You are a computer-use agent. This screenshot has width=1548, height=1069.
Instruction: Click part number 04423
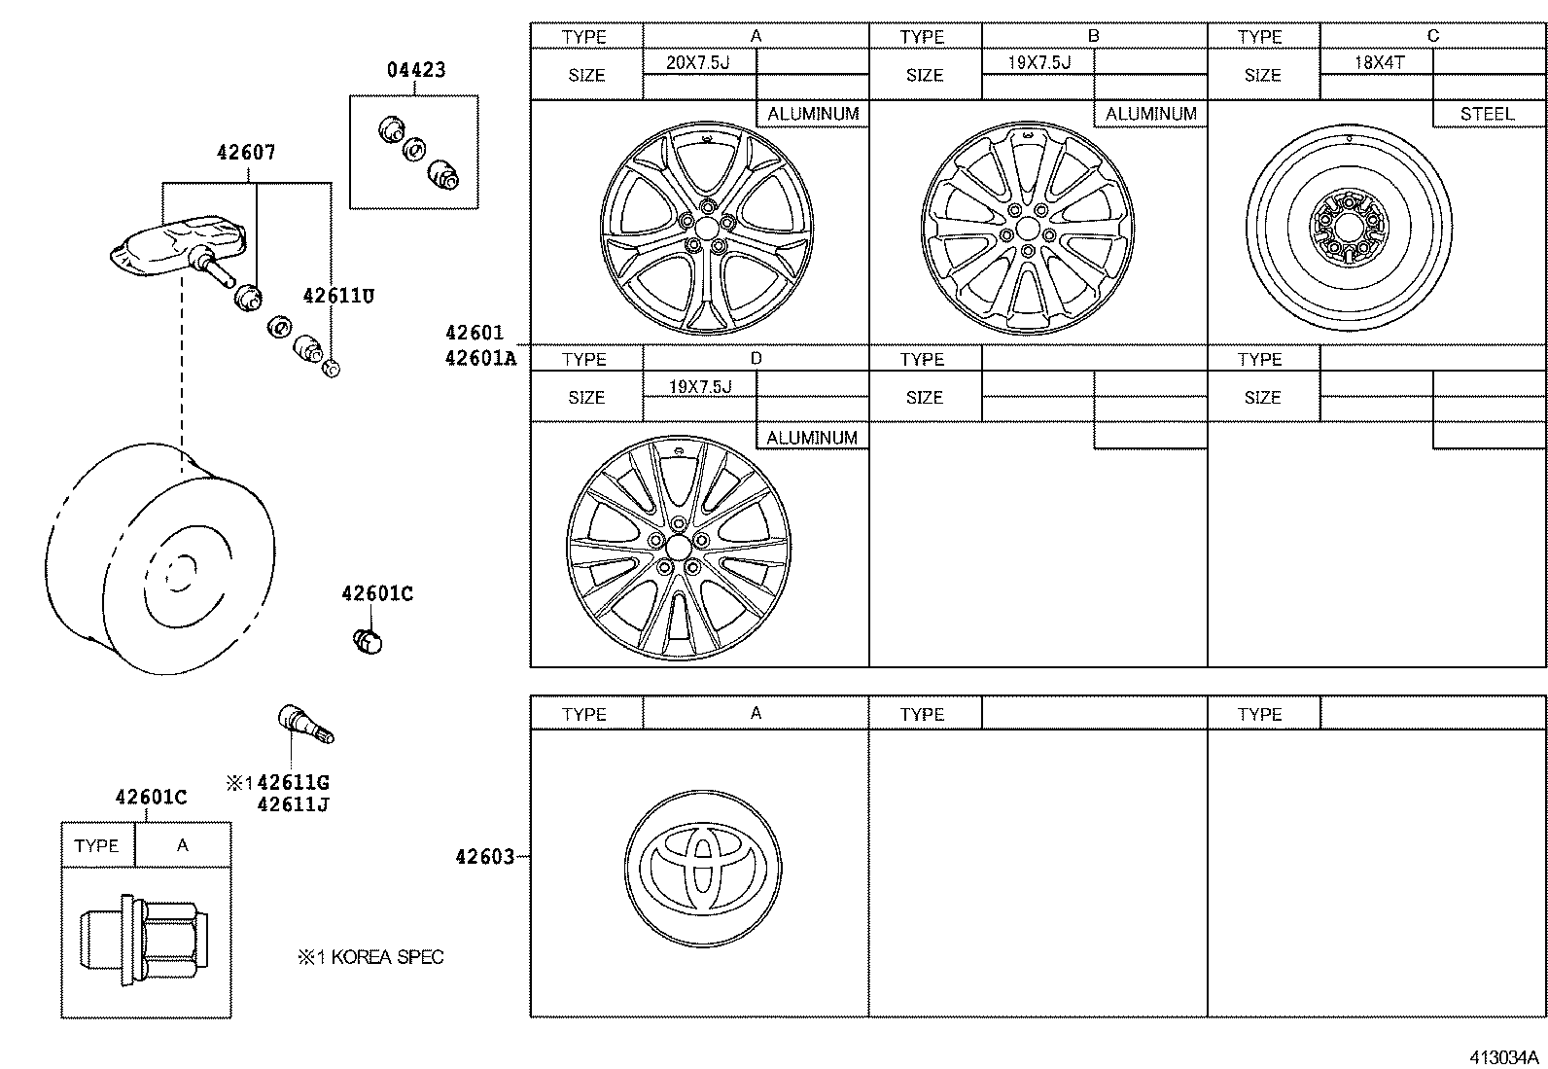click(416, 70)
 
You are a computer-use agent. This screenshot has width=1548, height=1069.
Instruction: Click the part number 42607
click(246, 153)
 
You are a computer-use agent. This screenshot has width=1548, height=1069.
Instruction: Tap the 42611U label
click(337, 297)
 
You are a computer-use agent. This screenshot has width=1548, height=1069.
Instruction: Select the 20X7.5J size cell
click(697, 62)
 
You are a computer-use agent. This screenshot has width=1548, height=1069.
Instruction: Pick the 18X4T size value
click(1379, 62)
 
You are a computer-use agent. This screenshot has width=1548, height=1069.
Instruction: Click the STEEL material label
click(1487, 114)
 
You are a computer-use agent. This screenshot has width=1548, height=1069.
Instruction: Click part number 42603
click(484, 857)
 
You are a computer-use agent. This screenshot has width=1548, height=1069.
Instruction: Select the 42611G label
click(294, 783)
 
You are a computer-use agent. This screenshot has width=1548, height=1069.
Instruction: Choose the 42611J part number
click(293, 804)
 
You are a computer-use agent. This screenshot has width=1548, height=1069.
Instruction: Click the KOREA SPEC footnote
click(370, 957)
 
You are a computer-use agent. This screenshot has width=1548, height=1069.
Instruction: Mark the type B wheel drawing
click(1027, 231)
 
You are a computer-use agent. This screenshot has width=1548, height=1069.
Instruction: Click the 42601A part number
click(480, 358)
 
